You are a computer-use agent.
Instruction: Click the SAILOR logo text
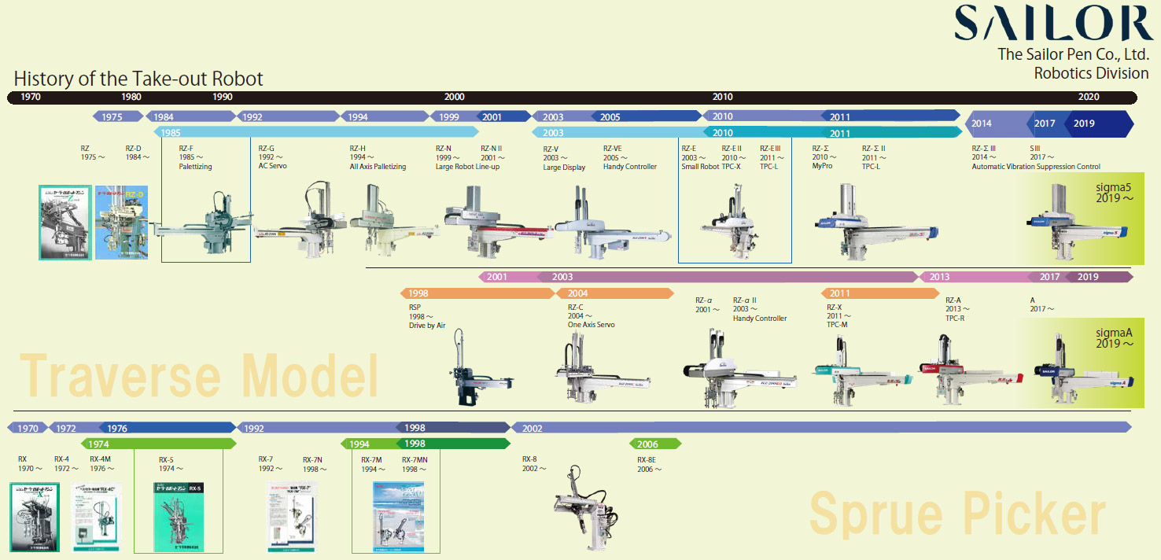pyautogui.click(x=1053, y=23)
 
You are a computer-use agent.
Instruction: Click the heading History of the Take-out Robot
pyautogui.click(x=138, y=79)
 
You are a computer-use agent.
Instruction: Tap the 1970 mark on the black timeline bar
pyautogui.click(x=31, y=98)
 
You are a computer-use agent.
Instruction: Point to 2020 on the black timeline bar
pyautogui.click(x=1089, y=98)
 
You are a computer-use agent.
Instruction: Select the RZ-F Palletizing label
pyautogui.click(x=195, y=157)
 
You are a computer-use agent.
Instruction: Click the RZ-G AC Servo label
pyautogui.click(x=278, y=157)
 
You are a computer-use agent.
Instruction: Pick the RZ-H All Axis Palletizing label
pyautogui.click(x=378, y=157)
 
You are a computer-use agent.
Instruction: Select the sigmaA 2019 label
pyautogui.click(x=1115, y=338)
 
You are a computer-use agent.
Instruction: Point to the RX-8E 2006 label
pyautogui.click(x=649, y=464)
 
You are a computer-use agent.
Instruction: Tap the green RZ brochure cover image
pyautogui.click(x=65, y=223)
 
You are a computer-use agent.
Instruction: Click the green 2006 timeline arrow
pyautogui.click(x=654, y=444)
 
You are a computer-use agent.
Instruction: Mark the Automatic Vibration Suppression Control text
pyautogui.click(x=1036, y=167)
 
